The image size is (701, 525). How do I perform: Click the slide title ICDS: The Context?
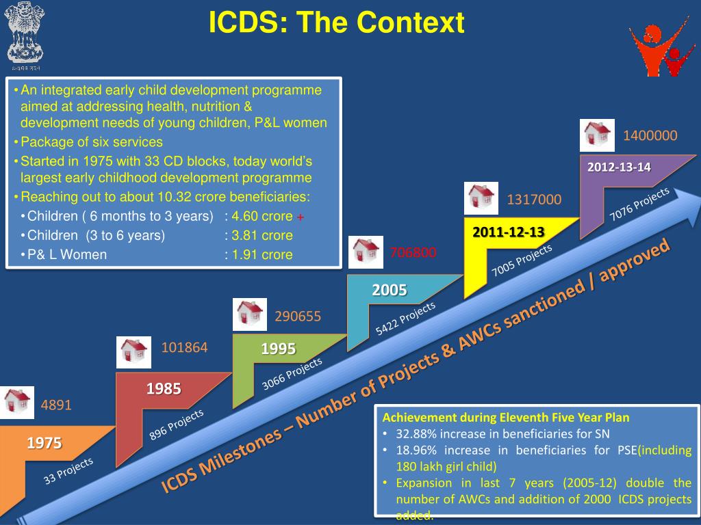[337, 23]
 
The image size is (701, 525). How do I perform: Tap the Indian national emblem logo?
[25, 35]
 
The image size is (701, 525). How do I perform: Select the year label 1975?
[44, 444]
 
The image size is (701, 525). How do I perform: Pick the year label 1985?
[164, 389]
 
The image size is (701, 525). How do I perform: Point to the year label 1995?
[278, 349]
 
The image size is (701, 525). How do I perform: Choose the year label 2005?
[390, 290]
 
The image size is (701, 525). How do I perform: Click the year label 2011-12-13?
[509, 232]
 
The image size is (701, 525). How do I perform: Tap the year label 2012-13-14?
[619, 167]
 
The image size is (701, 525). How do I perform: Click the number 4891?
[56, 405]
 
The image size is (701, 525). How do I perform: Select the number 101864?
[184, 347]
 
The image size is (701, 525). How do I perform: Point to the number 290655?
[298, 317]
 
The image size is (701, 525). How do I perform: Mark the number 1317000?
[534, 200]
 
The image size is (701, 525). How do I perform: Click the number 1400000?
[650, 136]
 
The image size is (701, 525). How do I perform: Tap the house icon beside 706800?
[366, 252]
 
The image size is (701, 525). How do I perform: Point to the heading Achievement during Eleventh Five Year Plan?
[506, 417]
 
